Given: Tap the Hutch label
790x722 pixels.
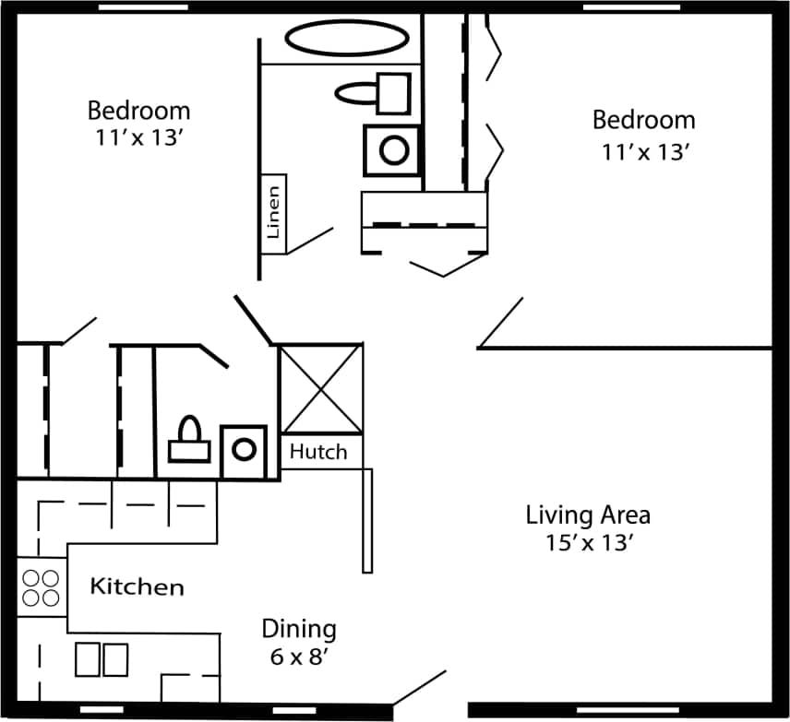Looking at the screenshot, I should [x=318, y=452].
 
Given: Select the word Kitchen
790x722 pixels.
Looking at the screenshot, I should [x=137, y=586].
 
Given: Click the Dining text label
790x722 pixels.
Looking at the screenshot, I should [x=299, y=630].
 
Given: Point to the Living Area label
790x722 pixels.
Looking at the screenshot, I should [x=588, y=515].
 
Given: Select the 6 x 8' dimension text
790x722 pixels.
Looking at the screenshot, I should [x=299, y=659].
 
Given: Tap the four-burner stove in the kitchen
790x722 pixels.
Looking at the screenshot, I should [x=41, y=588].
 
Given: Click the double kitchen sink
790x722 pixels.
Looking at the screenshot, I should [x=102, y=659].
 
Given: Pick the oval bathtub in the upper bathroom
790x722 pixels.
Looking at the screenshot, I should [x=346, y=39].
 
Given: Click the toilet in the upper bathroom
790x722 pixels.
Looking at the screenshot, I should [x=374, y=92].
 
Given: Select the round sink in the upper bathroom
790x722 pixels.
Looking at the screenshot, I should [x=394, y=149].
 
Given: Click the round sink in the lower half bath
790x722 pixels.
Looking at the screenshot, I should [x=244, y=450].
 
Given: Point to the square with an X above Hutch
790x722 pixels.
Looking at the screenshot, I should [x=321, y=388].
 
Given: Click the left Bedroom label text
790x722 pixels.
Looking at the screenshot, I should [x=138, y=112].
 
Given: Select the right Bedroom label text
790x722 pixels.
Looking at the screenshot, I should [x=643, y=121].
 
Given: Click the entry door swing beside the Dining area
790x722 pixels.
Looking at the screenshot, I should [x=420, y=688].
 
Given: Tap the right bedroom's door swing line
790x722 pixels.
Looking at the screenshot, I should [x=500, y=323].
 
